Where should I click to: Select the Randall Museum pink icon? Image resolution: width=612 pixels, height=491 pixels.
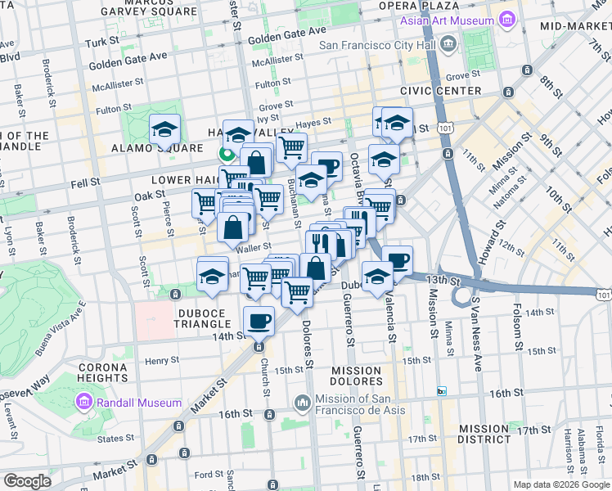tap(83, 403)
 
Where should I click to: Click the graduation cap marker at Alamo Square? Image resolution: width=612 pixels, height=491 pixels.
tap(164, 129)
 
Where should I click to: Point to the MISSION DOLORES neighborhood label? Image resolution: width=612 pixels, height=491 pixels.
tap(357, 376)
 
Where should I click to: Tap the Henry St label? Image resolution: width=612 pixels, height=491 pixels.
tap(161, 360)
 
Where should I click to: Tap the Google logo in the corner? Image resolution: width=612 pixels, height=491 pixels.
tap(27, 481)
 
